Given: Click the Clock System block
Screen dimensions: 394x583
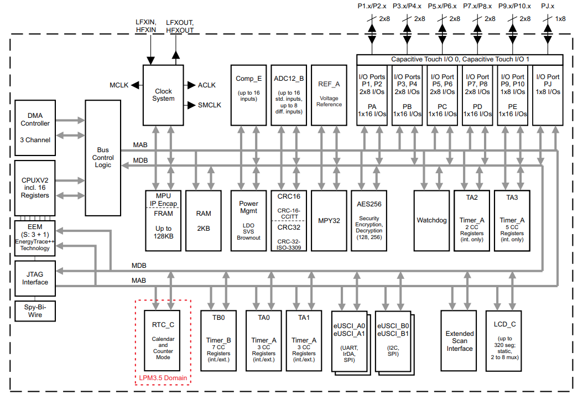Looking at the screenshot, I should pos(163,95).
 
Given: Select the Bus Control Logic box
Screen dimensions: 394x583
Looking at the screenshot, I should pos(103,158).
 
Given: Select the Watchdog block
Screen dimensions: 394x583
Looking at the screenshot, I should pos(431,221).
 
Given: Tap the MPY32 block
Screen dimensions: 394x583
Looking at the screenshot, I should pos(329,221).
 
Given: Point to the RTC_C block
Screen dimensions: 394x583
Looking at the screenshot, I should pos(163,340).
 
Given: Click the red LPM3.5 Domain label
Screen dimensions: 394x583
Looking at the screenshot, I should pos(163,379).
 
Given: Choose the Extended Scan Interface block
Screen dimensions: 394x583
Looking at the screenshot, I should pos(459,341).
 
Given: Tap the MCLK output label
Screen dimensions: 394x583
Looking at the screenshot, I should pos(119,85).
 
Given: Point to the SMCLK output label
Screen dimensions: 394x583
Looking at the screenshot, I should pos(209,105).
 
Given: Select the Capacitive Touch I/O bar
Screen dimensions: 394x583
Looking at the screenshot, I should pos(460,59).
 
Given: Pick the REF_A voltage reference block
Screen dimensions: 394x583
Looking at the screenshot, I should pos(329,95).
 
